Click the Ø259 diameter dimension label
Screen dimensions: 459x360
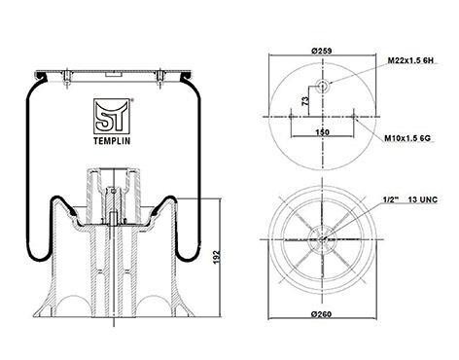point(321,51)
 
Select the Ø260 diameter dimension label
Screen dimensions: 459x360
point(321,314)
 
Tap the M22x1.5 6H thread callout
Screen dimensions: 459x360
point(410,60)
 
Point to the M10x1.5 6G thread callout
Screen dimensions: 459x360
point(407,138)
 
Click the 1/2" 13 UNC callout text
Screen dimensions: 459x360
point(410,199)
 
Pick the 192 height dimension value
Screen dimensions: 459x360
point(217,256)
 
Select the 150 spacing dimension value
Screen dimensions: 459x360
point(322,132)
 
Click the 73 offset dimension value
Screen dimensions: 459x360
point(305,101)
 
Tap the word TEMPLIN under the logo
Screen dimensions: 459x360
point(112,141)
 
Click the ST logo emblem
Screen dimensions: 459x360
point(112,117)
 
